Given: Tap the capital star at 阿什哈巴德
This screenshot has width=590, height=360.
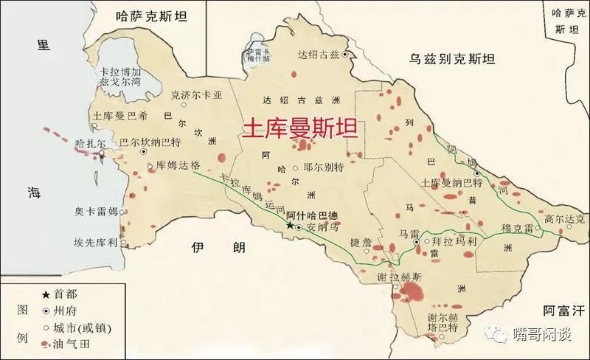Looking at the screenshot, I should (x=289, y=226).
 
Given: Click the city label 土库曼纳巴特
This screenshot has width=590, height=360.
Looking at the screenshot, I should (x=451, y=182).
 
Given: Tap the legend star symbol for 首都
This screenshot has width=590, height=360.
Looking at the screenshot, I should (x=46, y=293).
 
